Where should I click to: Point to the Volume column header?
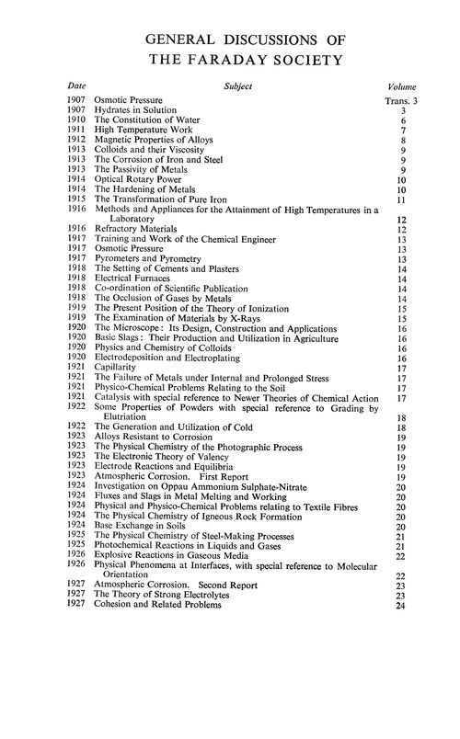(402, 85)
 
